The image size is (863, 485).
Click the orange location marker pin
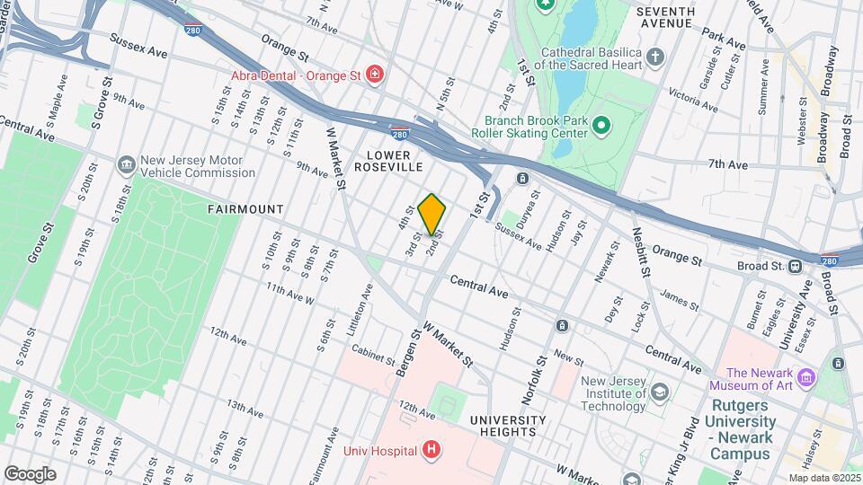431,215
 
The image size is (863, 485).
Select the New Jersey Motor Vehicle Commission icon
126,165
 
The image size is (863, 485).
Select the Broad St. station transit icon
795,266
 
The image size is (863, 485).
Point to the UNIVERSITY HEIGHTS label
507,426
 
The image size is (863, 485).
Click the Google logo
30,473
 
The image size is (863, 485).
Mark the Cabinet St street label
373,357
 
